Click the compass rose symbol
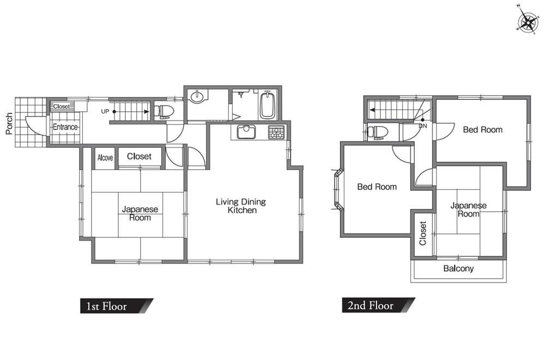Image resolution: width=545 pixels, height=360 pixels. pos(528,22)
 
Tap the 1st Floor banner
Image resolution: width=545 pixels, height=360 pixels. pos(117,306)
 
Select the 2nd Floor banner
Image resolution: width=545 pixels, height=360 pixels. pos(379,305)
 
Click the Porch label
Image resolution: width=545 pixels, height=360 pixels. pos(9,123)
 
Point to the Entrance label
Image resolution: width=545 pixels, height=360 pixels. pos(65,127)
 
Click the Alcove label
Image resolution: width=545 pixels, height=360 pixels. pos(105,158)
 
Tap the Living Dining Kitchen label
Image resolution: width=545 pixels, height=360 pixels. pos(241,206)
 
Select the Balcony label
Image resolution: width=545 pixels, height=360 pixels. pos(458,268)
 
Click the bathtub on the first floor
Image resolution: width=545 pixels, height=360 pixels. pos(268,104)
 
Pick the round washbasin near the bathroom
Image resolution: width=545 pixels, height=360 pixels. pos(197,97)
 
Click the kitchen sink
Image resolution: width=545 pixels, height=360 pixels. pos(246,132)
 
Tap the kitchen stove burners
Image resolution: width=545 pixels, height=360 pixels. pos(276,132)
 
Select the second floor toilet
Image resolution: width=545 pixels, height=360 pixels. pos(378,132)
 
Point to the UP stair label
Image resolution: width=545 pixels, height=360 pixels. pos(105,112)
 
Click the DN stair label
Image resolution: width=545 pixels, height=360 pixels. pos(423,126)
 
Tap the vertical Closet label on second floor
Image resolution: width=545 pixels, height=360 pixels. pos(423,233)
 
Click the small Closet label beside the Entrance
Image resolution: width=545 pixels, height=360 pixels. pos(62,106)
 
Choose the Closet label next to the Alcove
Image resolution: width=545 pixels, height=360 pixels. pos(139,157)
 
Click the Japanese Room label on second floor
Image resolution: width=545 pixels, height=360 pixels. pos(469,210)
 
